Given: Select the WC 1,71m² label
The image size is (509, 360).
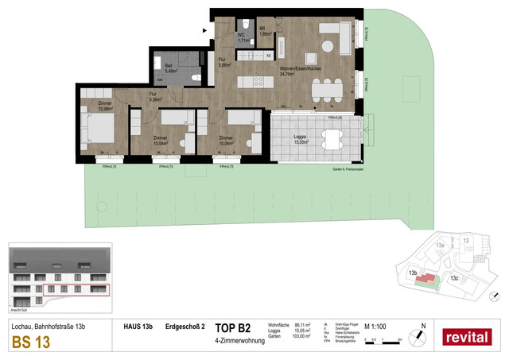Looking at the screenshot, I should (x=244, y=37).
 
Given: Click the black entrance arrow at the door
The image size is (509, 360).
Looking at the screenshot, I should (x=208, y=29).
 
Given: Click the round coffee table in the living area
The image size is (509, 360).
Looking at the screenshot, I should (x=328, y=47).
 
